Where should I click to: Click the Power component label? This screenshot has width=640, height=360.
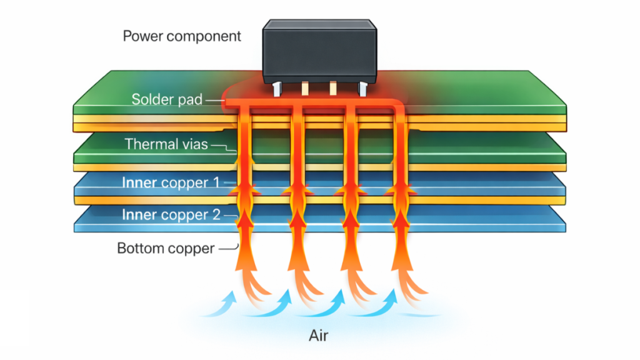[x=181, y=36]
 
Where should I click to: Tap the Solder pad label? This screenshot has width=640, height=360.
[x=167, y=99]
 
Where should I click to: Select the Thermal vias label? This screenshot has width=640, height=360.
[x=166, y=144]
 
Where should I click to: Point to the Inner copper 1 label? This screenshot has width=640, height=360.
[x=171, y=183]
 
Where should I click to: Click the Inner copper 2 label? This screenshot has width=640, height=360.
[x=171, y=215]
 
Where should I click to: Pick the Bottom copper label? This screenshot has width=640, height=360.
[x=166, y=248]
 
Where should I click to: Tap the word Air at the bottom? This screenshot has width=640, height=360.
[x=318, y=336]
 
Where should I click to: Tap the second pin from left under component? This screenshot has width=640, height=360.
[x=306, y=89]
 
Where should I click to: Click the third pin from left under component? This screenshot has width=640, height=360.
[x=333, y=89]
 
